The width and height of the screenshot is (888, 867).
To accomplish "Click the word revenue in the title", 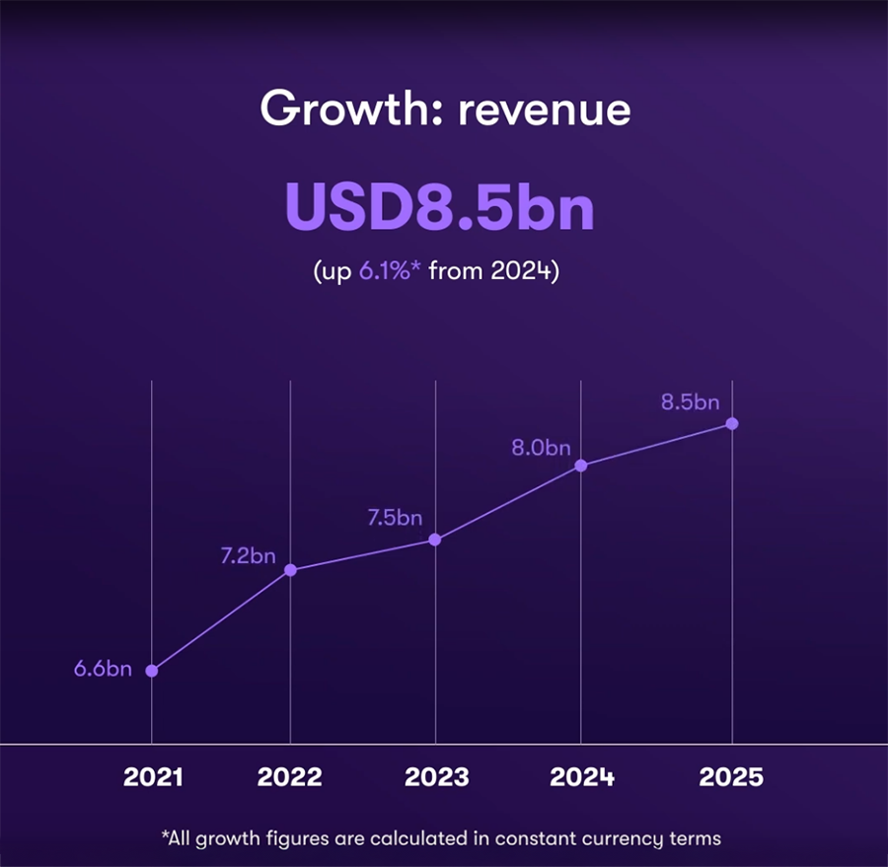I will point(544,109).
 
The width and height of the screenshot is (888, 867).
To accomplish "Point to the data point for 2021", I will point(152,671).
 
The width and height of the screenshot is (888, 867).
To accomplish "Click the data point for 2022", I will point(290,570).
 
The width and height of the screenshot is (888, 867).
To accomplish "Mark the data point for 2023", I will point(435,540).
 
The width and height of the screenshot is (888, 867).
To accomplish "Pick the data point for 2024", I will point(581,466).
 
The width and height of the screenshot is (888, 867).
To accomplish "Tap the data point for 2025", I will point(732,424).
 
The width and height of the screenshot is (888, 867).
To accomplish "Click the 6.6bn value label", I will point(103,670).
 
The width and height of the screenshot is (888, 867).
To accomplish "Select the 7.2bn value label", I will point(248,556).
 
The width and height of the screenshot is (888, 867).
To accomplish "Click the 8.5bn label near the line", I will point(690,402).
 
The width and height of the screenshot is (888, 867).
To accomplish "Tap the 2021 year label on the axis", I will point(153,777).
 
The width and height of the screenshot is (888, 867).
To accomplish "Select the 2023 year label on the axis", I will point(436,777).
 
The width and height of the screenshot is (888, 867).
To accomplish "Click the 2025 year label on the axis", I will point(731,777).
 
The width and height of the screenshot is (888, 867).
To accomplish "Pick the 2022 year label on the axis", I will point(290,777).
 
